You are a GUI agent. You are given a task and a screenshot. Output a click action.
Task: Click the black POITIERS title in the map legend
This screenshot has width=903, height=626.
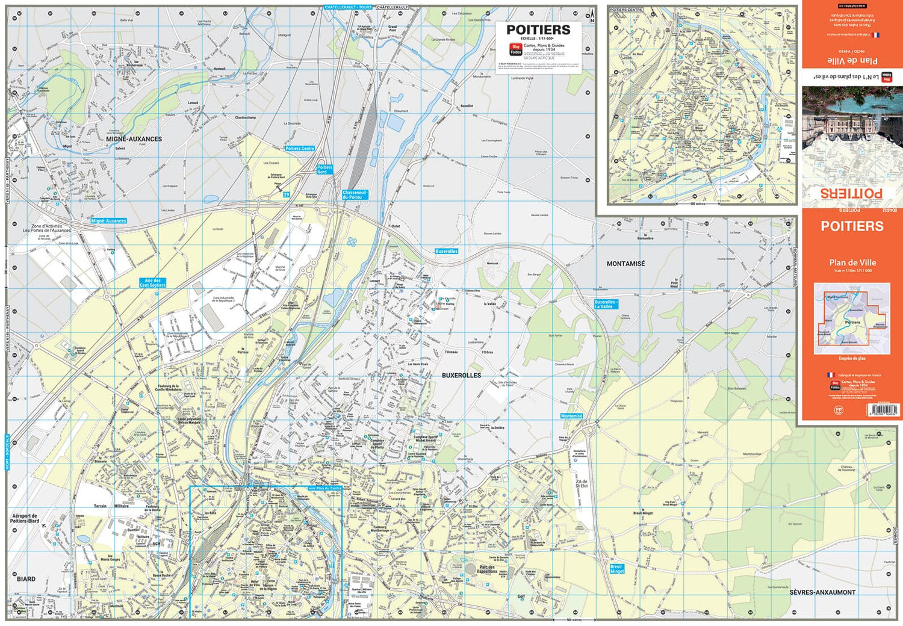coord(538,29)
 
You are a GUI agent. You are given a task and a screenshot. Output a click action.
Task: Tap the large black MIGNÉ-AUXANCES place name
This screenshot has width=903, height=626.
coord(134,139)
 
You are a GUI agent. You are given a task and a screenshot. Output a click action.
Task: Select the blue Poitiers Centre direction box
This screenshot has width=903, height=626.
coord(300,148)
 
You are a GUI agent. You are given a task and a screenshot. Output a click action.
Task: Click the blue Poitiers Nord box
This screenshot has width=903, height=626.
coord(324,170)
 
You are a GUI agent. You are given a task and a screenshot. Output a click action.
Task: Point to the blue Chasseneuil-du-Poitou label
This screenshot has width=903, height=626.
coord(355,195)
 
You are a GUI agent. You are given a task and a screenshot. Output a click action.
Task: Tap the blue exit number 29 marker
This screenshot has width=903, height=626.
coord(287,194)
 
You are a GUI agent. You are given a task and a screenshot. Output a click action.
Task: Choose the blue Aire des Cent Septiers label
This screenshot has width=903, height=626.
coord(152,283)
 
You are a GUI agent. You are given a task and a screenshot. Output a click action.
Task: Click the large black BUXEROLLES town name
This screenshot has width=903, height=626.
coord(461,376)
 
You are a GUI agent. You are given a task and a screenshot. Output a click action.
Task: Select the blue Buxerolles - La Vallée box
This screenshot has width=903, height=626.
coord(606,305)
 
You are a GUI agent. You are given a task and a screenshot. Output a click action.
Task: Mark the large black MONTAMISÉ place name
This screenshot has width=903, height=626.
coord(625,264)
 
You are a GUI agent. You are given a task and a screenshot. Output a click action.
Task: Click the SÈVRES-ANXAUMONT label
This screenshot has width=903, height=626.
coord(822,592)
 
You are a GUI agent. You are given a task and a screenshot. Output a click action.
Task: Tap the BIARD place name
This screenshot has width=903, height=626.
coord(26,579)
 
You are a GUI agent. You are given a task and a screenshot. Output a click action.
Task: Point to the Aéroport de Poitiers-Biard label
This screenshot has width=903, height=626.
coord(25,518)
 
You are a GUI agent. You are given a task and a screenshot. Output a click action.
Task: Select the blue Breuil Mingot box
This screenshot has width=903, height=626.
coord(617,569)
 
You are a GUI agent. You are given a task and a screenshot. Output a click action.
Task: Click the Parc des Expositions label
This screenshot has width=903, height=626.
coord(487,569)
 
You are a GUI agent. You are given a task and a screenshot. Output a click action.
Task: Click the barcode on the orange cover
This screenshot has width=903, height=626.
coord(884,409)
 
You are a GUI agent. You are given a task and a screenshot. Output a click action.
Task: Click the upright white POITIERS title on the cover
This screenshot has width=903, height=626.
coord(852,226)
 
